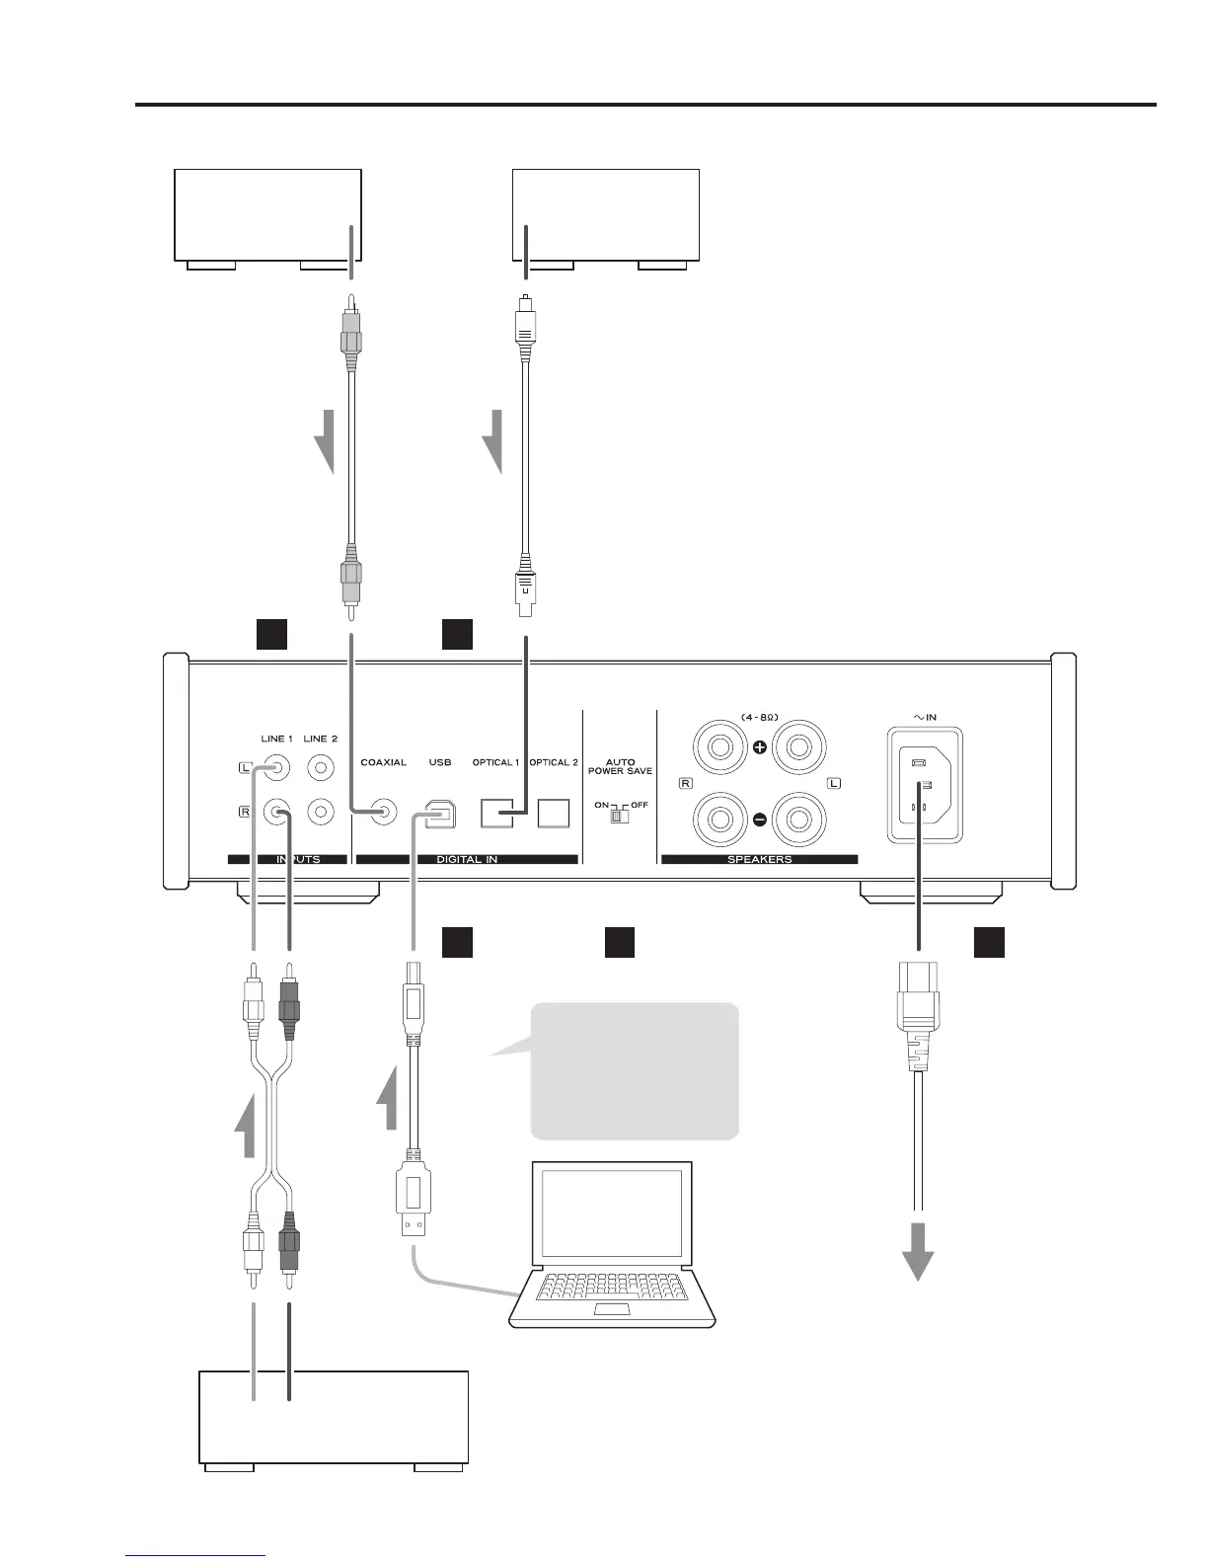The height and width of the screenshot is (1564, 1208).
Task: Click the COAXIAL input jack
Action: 384,812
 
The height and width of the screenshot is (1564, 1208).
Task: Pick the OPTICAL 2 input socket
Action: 554,812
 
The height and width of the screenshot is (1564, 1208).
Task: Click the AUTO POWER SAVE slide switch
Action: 620,817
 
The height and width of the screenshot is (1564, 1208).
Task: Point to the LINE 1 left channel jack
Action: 276,767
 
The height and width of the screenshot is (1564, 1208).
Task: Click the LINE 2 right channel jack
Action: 321,812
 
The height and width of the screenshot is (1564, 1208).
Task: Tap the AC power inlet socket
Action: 925,786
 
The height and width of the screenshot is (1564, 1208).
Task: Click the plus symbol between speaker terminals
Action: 760,747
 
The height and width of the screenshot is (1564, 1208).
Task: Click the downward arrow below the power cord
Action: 919,1252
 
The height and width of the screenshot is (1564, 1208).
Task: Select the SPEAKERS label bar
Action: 759,859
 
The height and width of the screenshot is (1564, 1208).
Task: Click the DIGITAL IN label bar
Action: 466,859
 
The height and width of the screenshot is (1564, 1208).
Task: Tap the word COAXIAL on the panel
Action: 383,762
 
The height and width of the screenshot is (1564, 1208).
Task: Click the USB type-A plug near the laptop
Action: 414,1200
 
